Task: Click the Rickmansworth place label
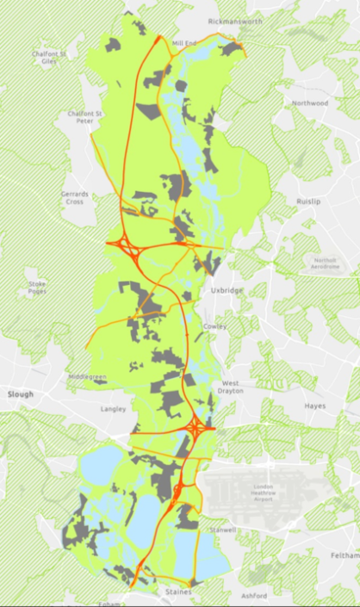coord(233,20)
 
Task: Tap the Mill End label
coord(184,42)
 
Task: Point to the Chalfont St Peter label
coord(85,117)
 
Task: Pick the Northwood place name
coord(310,103)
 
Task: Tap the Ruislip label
coord(307,201)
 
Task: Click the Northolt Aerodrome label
coord(326,263)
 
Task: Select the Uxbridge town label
coord(227,291)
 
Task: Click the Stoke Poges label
coord(37,286)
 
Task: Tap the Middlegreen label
coord(88,377)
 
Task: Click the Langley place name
coord(113,409)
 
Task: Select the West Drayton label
coord(233,387)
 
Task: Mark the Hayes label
coord(314,406)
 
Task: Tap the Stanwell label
coord(222,530)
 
